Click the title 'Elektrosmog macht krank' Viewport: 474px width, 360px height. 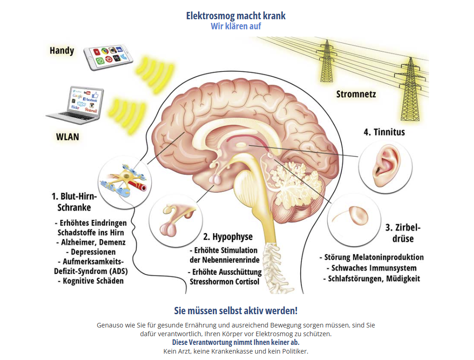[236, 16]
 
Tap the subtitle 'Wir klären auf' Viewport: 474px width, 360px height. [236, 26]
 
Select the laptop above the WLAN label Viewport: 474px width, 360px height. [76, 105]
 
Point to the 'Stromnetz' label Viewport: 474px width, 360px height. [356, 94]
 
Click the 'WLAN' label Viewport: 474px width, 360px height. [67, 137]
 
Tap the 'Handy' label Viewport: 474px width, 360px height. [62, 50]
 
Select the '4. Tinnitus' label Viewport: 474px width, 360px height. [384, 132]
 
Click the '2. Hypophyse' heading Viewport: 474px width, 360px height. [228, 236]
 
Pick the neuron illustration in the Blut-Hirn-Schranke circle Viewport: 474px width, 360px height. [124, 181]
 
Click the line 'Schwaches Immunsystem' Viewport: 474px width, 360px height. [371, 268]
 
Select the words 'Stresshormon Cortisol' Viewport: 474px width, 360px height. [225, 282]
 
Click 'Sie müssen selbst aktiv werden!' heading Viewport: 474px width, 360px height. [236, 311]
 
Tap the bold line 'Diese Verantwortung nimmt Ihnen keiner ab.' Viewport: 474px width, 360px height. [236, 343]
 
